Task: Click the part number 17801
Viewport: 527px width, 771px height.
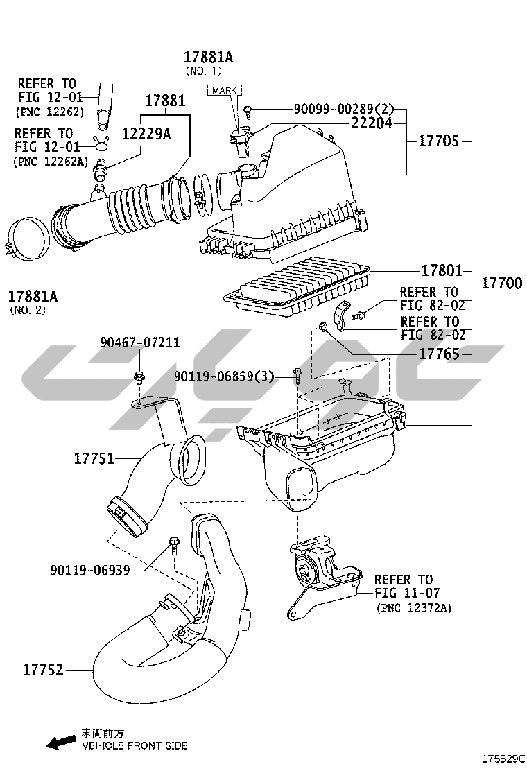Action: pos(440,270)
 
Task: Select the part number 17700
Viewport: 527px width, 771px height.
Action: pos(502,284)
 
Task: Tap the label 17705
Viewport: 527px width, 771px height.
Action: pos(438,141)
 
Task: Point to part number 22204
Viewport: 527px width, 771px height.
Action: pos(372,123)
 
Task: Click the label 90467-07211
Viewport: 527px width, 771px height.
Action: pos(139,343)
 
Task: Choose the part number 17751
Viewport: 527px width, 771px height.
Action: pos(94,458)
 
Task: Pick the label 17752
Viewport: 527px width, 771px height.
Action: pos(43,670)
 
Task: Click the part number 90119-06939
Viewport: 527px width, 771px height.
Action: pos(90,569)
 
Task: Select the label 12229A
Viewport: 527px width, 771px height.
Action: pos(146,135)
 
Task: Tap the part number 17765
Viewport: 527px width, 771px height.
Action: pos(439,354)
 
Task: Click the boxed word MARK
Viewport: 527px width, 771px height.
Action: pos(224,91)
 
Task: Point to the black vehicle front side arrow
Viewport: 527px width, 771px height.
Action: pos(60,742)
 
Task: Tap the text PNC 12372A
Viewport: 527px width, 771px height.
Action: pos(414,608)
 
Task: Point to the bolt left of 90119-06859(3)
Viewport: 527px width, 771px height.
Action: pos(297,376)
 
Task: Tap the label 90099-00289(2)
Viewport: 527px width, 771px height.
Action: pos(343,109)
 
